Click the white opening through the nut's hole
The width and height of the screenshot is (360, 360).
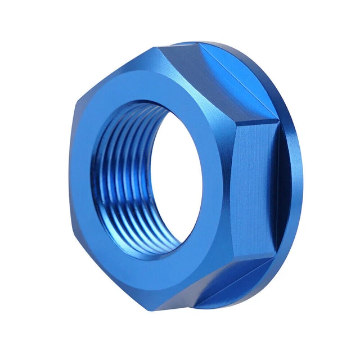[x=169, y=186]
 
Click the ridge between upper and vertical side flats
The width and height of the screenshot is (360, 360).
[x=262, y=121]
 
